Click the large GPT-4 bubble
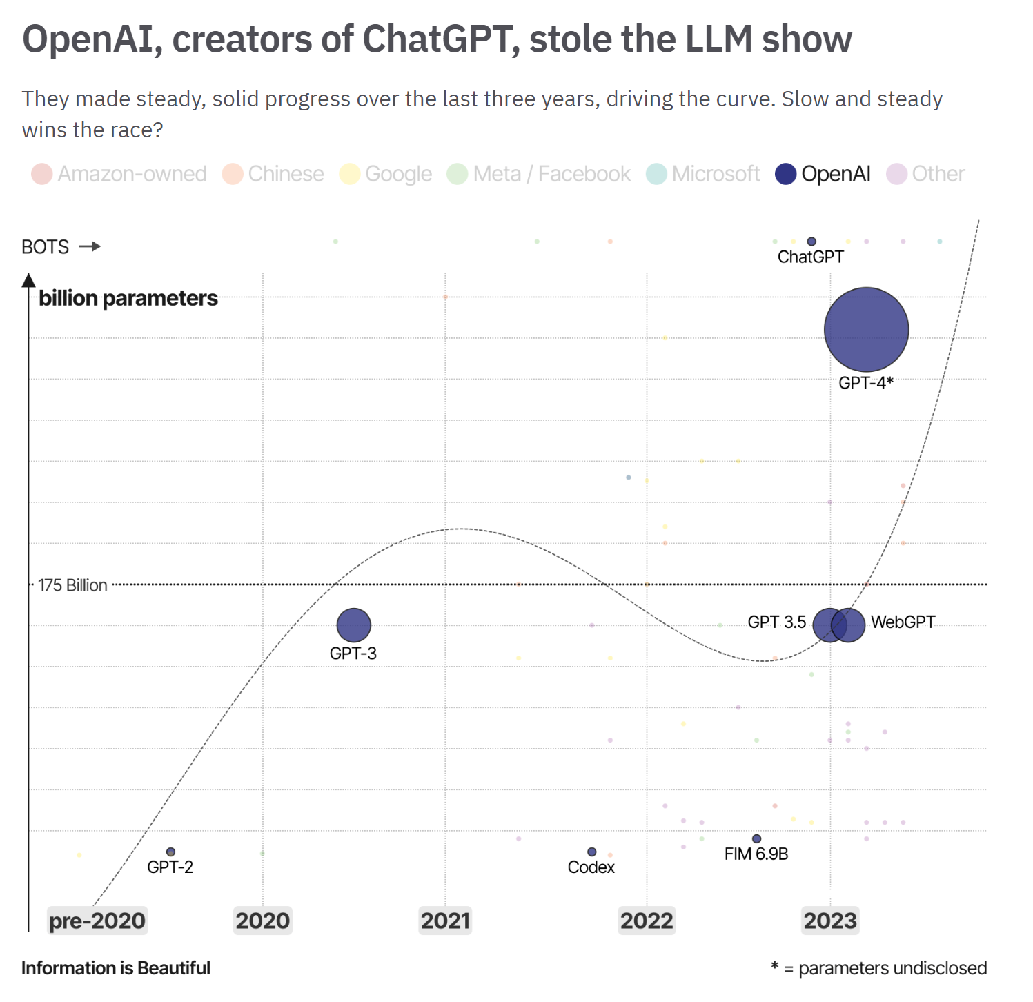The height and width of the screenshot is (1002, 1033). (866, 330)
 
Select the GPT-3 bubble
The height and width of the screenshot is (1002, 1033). (353, 625)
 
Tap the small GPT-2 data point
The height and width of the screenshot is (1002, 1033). (170, 852)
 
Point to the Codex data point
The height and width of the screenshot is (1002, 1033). (591, 852)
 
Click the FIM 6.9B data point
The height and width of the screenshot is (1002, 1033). (756, 838)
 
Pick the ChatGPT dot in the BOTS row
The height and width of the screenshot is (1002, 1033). (811, 242)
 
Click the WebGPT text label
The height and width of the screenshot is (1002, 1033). (903, 622)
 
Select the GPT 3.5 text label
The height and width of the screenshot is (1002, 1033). (776, 622)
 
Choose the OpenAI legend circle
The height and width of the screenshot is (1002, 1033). (786, 174)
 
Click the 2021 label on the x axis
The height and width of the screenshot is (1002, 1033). (445, 921)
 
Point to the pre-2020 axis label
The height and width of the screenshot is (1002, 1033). (97, 921)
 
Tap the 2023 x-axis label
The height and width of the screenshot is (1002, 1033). (830, 921)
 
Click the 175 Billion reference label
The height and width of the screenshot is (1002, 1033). (72, 585)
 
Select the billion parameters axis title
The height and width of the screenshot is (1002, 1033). (128, 298)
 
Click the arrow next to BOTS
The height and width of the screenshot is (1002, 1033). (90, 246)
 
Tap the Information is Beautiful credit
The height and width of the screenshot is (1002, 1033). (116, 968)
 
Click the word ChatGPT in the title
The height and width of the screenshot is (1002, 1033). (441, 39)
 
